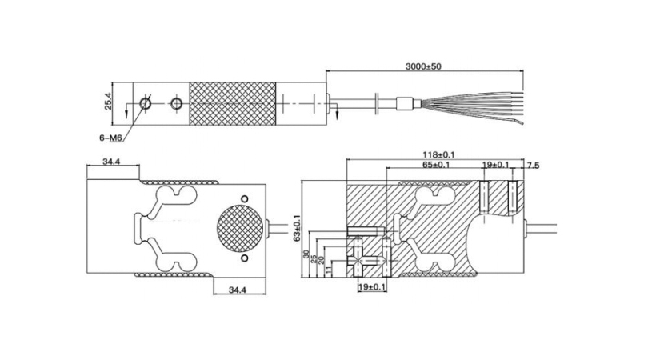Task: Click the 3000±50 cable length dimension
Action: coord(423,66)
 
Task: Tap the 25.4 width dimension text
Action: coord(108,102)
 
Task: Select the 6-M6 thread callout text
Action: coord(110,138)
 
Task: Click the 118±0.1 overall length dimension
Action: coord(438,154)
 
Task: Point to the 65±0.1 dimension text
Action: coord(436,165)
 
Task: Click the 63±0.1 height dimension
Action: coord(296,228)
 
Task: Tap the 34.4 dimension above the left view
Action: coord(111,162)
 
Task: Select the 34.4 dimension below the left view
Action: coord(238,290)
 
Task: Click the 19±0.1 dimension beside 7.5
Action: coord(496,165)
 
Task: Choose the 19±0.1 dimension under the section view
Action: coord(372,286)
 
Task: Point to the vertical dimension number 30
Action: coord(306,254)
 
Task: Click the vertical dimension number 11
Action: coord(329,270)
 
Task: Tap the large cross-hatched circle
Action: coord(240,228)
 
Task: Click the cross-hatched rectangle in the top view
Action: coord(232,104)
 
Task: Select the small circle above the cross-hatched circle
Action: coord(245,199)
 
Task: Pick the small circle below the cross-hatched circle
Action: coord(245,258)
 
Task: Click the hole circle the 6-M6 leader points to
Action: coord(145,103)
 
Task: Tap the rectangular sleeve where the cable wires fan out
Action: coord(405,103)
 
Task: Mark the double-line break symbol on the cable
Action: coord(378,103)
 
